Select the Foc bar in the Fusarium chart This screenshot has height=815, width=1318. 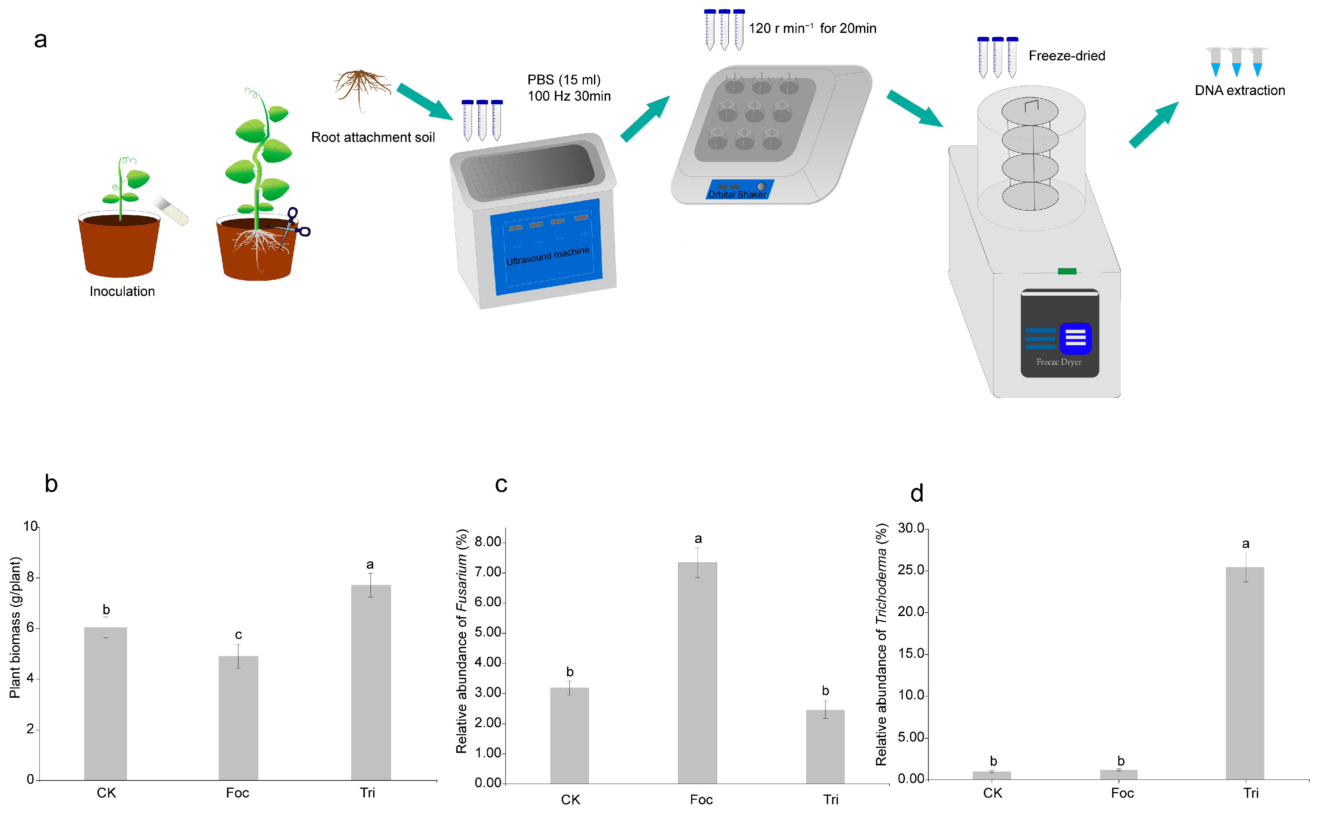point(697,673)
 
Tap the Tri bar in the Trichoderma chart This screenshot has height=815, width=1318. point(1245,673)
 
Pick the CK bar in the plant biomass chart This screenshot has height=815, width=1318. point(106,703)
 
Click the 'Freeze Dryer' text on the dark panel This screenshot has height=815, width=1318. point(1059,362)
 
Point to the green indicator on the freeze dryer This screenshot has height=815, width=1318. point(1067,271)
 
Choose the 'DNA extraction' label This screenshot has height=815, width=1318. point(1240,91)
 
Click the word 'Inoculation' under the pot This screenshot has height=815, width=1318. point(122,292)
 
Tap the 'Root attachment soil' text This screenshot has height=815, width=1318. point(373,138)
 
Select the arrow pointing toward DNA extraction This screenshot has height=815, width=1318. point(1153,125)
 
